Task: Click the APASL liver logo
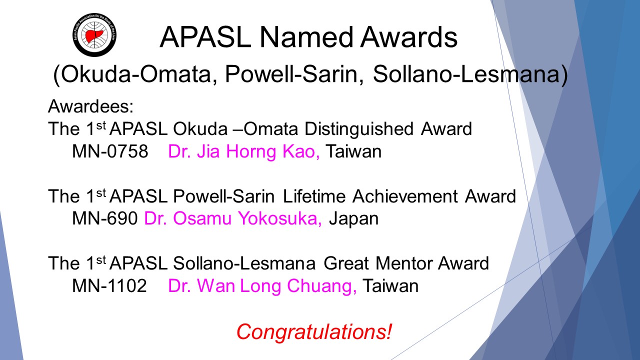tap(94, 35)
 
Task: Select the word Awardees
tap(90, 106)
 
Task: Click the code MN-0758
tap(110, 151)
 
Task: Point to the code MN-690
tap(105, 218)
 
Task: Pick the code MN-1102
tap(109, 285)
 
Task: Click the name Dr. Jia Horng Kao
tap(243, 151)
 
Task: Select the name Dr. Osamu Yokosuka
tap(233, 218)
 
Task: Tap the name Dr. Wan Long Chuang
tap(262, 286)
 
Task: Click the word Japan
tap(353, 219)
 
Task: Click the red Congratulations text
tap(314, 332)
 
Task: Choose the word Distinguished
tap(359, 129)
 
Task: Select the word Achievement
tap(405, 196)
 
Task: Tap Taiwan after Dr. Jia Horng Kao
tap(353, 151)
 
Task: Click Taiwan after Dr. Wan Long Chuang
tap(390, 285)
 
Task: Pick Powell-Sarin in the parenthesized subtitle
tap(291, 74)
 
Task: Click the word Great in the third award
tap(346, 263)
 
